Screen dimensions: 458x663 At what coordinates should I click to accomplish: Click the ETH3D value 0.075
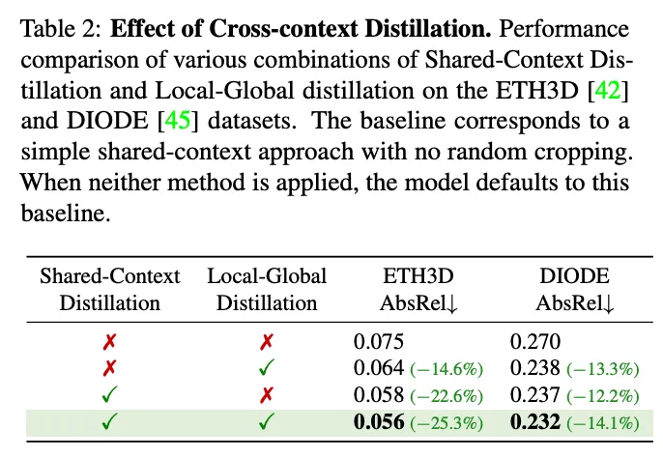[377, 340]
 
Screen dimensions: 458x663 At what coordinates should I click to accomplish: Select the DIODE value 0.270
[533, 340]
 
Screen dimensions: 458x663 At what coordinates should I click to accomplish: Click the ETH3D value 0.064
[377, 367]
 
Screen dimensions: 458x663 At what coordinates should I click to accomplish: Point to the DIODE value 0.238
[533, 367]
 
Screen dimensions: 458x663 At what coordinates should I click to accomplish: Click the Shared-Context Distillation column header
[109, 289]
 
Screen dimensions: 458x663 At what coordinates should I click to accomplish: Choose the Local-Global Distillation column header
[267, 289]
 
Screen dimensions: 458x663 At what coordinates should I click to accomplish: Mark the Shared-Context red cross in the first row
[110, 340]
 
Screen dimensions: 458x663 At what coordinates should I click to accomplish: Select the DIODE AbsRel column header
[579, 289]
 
